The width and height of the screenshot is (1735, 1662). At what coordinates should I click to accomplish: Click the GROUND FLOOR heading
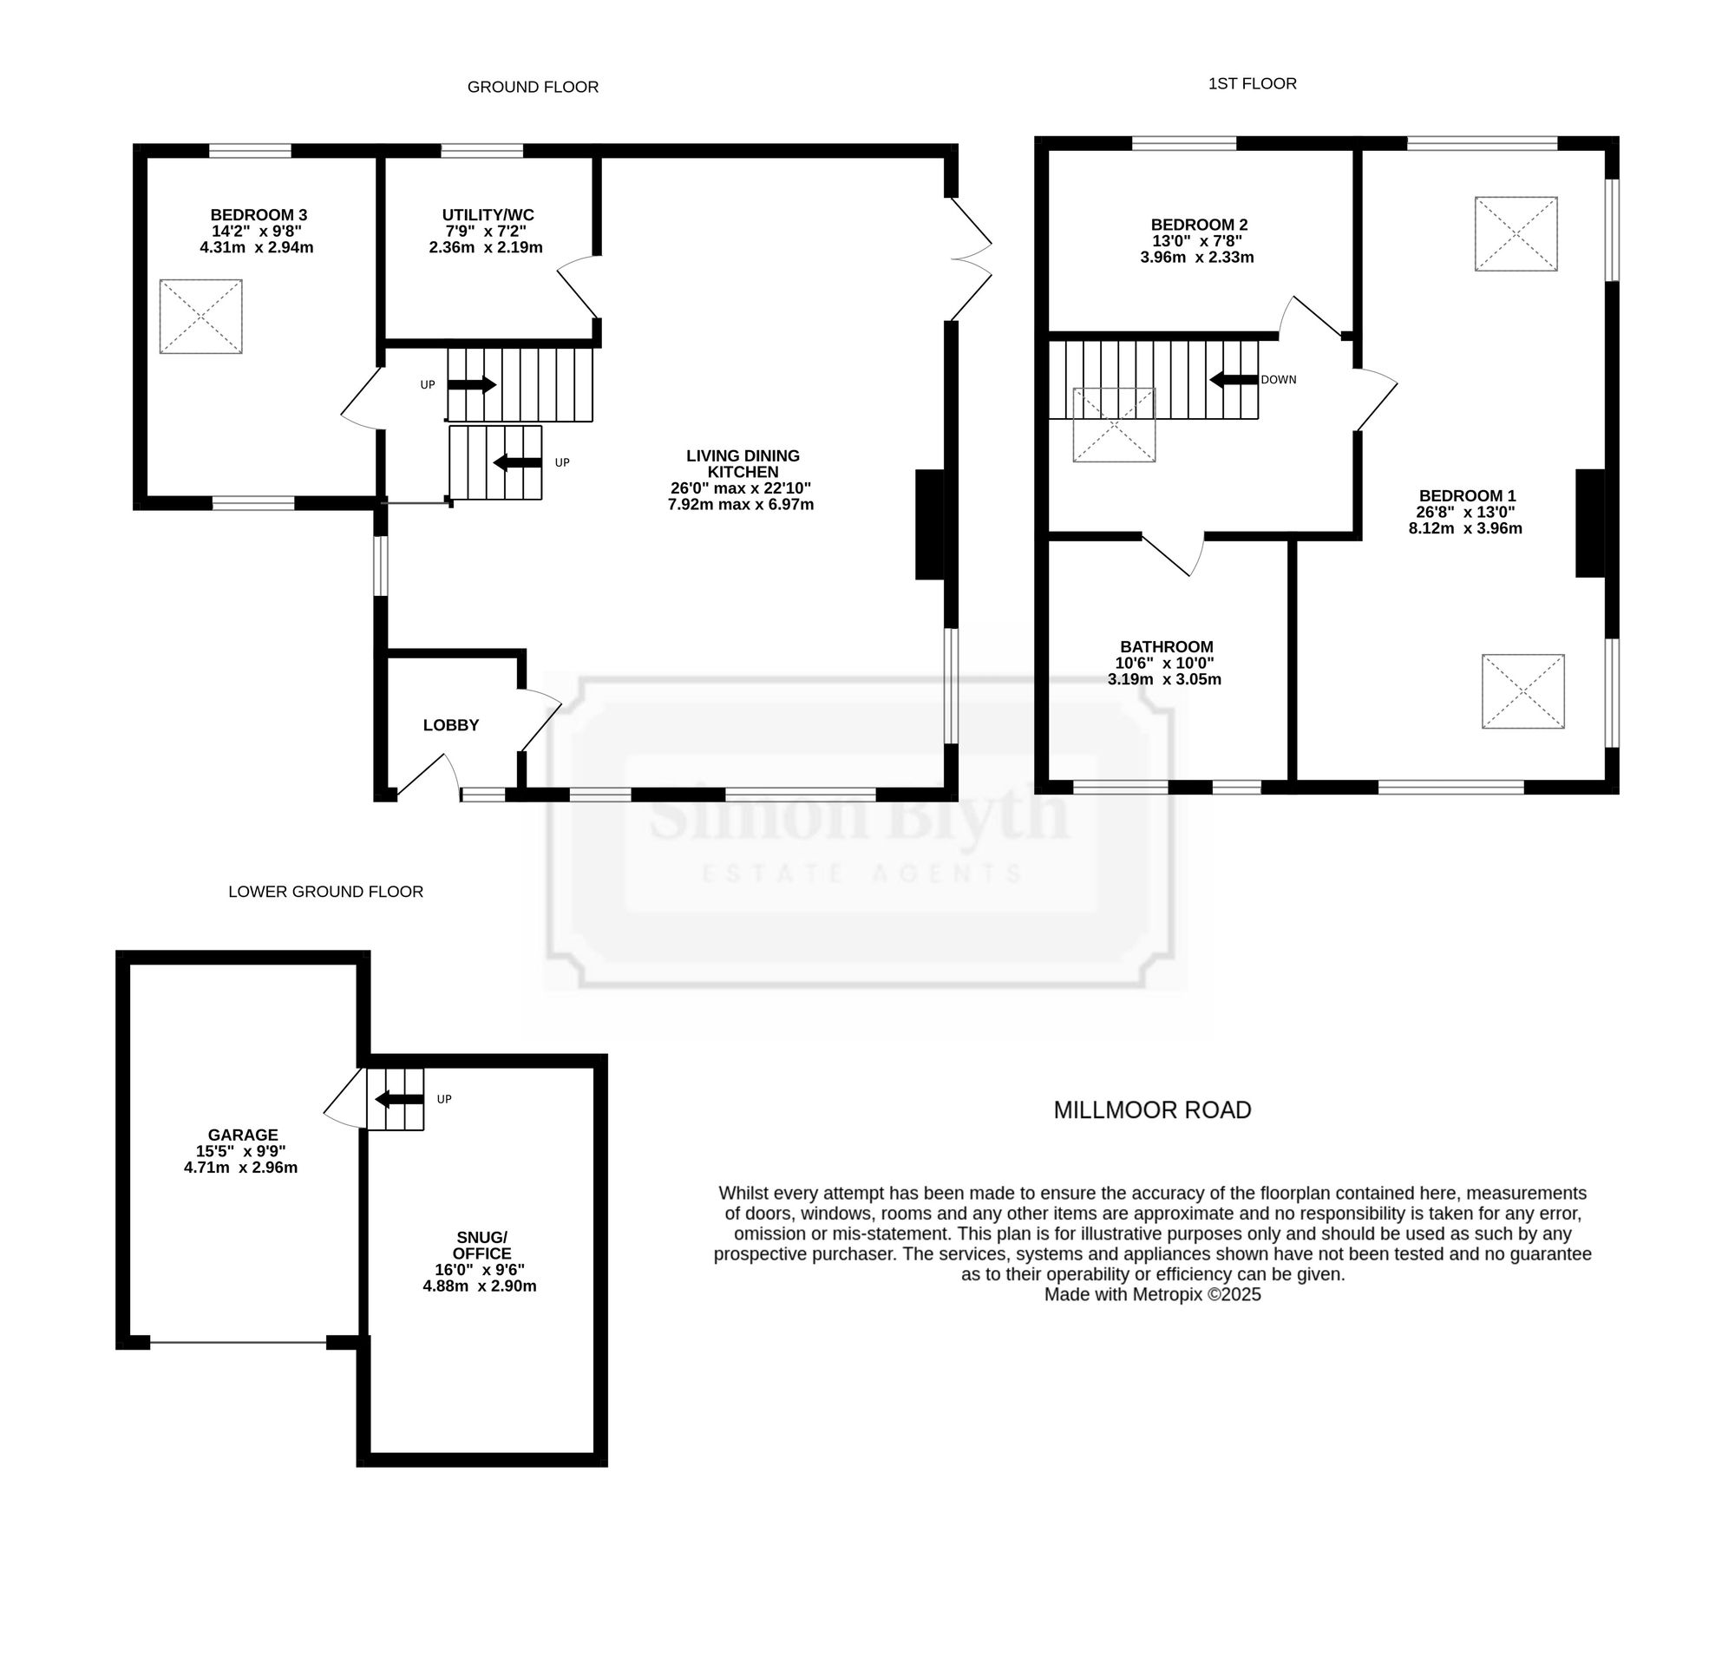533,87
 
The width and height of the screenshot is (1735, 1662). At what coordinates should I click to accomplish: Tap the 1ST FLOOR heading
1253,83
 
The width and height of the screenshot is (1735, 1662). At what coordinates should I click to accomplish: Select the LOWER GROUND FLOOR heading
326,891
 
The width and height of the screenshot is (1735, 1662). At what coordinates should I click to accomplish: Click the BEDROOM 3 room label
259,215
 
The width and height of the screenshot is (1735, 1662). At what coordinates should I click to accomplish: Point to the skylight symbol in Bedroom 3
201,317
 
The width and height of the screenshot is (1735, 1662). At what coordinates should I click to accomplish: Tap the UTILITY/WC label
488,215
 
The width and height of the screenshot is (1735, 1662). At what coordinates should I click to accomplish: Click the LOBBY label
450,725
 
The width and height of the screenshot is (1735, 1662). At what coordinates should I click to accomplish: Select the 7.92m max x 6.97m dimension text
741,505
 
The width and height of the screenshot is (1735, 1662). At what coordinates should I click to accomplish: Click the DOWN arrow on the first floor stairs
1234,380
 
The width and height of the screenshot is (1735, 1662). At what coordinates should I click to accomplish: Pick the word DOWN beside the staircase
1278,380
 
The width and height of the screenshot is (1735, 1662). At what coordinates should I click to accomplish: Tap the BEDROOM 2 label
1200,225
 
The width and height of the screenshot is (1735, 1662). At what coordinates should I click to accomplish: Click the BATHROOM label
1167,647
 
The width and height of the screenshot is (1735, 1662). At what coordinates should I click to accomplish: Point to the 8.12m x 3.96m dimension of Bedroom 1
1466,528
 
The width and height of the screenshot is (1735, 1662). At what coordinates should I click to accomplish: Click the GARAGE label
243,1135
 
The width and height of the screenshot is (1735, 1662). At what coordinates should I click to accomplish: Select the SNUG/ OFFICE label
481,1245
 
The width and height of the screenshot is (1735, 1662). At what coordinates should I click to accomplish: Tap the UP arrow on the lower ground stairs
399,1099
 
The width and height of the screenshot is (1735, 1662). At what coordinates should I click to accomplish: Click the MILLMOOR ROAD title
1153,1109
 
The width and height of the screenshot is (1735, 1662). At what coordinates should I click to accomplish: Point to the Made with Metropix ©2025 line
1153,1295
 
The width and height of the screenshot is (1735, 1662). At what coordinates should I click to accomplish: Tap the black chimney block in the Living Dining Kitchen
929,525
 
